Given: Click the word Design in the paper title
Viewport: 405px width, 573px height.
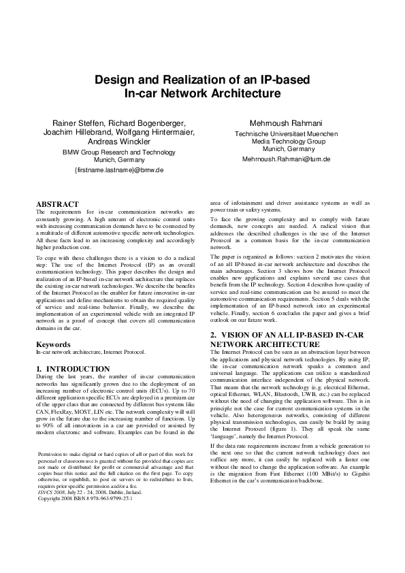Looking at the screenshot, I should point(112,80).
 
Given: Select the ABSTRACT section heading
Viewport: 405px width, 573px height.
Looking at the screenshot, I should point(56,204).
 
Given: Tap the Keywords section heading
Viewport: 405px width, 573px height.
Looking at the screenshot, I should point(53,345).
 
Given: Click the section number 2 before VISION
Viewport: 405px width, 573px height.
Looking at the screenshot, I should point(213,335).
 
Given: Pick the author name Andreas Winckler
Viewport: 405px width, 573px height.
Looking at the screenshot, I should point(119,142).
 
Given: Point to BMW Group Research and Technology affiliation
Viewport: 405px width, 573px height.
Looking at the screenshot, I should point(119,152).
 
